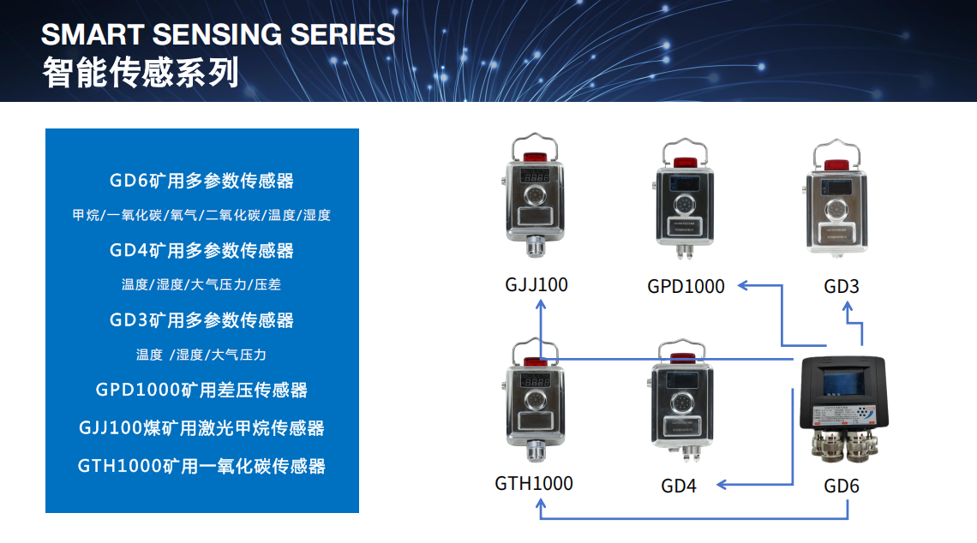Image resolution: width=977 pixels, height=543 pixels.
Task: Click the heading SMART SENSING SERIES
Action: tap(218, 34)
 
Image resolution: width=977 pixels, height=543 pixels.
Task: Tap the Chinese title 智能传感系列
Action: tap(141, 72)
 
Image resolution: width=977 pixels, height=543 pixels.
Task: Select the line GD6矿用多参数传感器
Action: tap(202, 181)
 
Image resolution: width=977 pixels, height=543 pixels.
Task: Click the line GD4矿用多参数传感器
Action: tap(202, 250)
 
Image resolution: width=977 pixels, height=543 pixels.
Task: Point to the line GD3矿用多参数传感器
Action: tap(202, 320)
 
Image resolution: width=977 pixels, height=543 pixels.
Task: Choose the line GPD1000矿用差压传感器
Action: tap(202, 390)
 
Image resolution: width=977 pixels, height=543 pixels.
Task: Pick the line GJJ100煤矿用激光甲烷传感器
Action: tap(202, 427)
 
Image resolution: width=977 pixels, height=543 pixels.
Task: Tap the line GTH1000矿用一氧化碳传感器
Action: tap(202, 466)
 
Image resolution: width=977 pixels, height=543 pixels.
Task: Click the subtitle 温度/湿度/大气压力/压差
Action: tap(201, 284)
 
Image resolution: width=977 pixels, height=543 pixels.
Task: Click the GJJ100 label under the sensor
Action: tap(536, 284)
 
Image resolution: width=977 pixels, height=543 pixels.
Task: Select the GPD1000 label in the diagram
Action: tap(686, 286)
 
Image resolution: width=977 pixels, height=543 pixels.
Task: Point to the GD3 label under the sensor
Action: tap(842, 286)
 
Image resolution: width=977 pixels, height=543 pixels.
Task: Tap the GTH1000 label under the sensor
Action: tap(534, 483)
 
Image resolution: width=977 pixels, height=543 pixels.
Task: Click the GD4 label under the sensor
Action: tap(679, 486)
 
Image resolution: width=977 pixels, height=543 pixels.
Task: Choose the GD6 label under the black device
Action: tap(842, 486)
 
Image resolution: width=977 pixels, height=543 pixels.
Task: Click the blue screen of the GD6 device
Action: tap(843, 380)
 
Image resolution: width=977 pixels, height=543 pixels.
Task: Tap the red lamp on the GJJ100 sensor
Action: tap(536, 157)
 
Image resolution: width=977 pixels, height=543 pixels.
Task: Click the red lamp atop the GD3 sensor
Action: tap(836, 164)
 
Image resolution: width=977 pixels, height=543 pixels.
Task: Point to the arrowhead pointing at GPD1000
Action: tap(743, 285)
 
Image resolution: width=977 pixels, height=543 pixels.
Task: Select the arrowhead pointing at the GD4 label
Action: tap(722, 485)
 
